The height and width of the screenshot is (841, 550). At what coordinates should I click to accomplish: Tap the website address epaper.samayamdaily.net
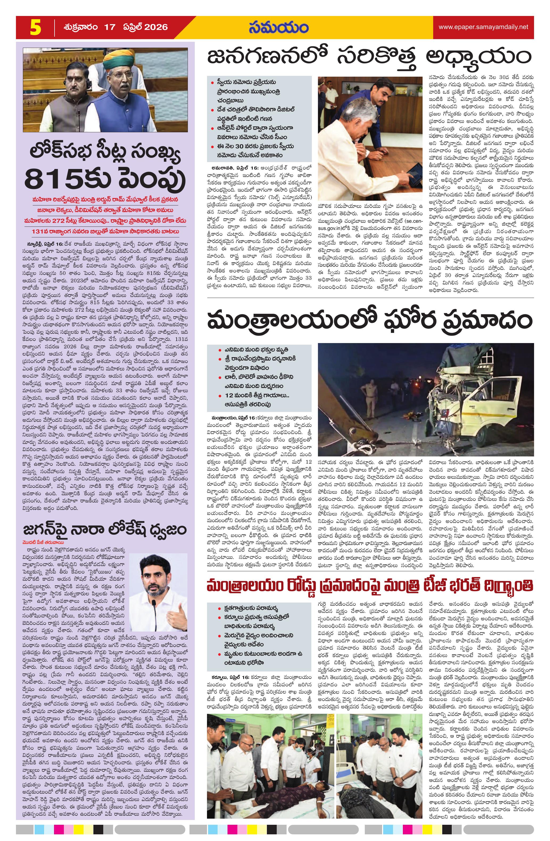tap(483, 27)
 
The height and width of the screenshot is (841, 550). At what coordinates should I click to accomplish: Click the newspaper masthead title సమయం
tap(278, 28)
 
